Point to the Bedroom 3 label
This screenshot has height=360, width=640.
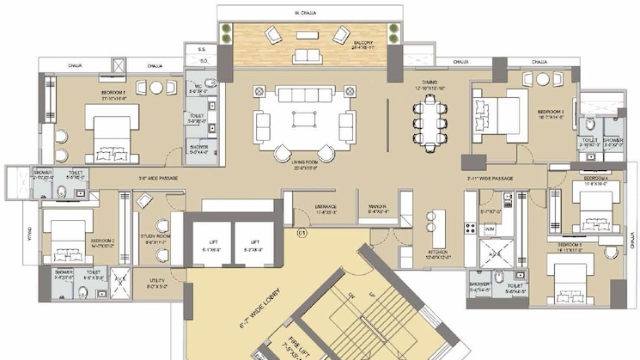click(x=551, y=113)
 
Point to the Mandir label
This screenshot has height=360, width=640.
click(x=376, y=208)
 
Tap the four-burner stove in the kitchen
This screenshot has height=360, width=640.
click(x=470, y=228)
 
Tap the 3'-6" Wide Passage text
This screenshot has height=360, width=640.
click(x=158, y=179)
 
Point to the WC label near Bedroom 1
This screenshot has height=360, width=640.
click(x=197, y=88)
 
